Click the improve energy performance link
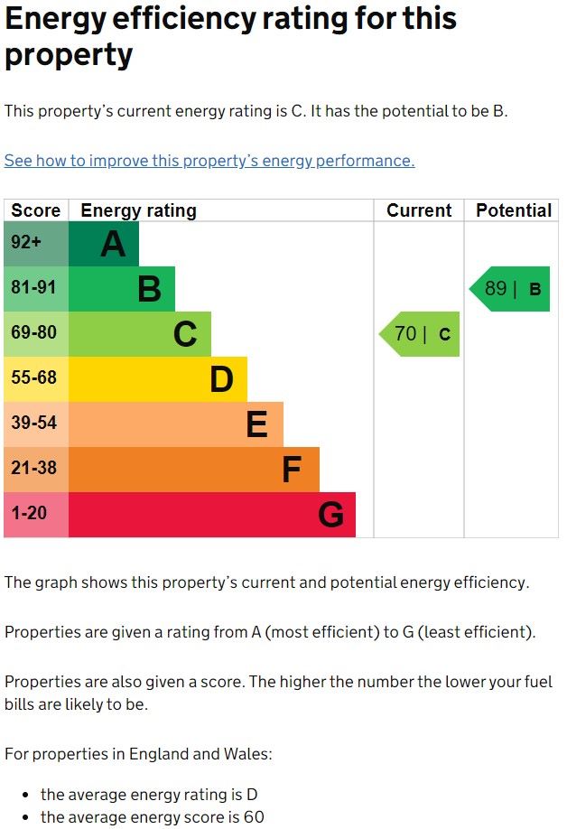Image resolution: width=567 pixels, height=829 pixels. click(209, 161)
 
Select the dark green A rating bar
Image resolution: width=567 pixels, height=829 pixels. click(104, 244)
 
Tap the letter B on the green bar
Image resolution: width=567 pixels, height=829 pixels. click(149, 290)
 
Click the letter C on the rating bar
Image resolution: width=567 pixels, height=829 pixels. click(185, 335)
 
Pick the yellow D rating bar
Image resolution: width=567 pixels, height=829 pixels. click(158, 379)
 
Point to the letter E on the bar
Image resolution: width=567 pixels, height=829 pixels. click(257, 424)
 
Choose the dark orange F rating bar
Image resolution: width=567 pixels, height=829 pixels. click(194, 470)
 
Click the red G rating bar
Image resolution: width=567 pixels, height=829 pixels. click(212, 515)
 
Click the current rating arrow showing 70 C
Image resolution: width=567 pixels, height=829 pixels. click(421, 334)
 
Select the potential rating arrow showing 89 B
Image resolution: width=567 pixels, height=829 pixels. click(511, 289)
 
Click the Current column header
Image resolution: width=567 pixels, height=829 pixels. click(419, 210)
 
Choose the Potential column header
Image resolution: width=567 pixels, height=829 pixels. click(514, 210)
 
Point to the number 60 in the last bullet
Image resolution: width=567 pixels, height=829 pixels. click(254, 818)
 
